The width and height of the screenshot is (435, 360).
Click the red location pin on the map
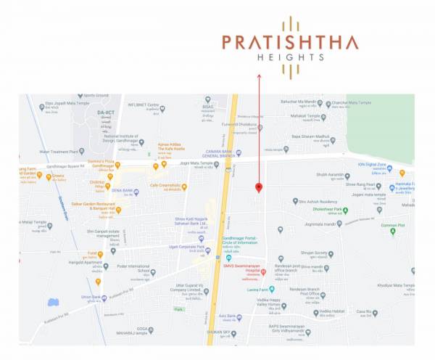coord(259,188)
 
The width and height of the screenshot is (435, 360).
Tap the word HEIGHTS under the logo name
coord(290,57)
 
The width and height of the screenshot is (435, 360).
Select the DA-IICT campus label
coord(106,113)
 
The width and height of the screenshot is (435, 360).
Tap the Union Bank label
coord(91,297)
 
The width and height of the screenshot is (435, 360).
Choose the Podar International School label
coord(144,258)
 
